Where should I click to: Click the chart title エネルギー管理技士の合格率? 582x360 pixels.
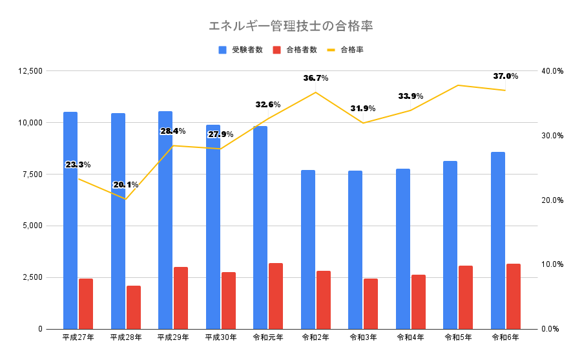pos(291,26)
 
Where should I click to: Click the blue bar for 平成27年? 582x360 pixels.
pos(70,220)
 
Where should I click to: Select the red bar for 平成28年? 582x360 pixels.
pos(134,307)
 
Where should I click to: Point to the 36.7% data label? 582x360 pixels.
pos(316,78)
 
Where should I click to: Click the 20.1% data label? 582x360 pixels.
pos(126,185)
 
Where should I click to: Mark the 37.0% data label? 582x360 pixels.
pos(506,76)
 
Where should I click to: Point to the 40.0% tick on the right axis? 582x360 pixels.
pos(553,70)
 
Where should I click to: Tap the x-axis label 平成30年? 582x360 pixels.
pos(221,337)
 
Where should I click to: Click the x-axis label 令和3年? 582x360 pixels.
pos(364,337)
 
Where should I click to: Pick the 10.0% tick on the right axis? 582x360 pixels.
pos(553,264)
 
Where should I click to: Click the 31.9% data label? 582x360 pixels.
pos(364,109)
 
